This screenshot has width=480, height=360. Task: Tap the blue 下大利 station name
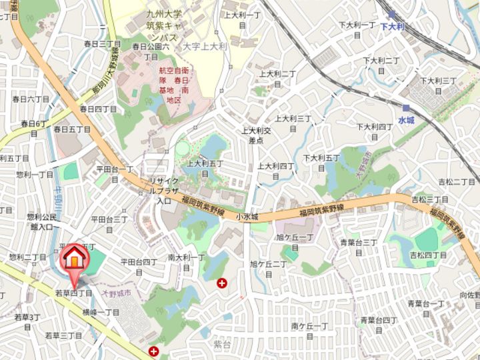393,26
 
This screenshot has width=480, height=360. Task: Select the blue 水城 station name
406,120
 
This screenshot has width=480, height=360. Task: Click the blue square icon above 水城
406,108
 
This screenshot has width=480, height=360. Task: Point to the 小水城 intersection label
246,217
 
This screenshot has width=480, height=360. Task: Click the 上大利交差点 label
257,136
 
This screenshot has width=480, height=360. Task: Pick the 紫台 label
222,344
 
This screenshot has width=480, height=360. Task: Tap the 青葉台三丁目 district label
359,247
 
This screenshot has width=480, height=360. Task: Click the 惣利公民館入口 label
40,222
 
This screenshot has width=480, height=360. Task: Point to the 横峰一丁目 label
101,312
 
